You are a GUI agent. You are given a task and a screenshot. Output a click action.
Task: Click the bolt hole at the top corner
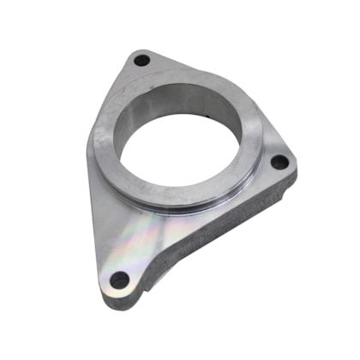pyautogui.click(x=142, y=61)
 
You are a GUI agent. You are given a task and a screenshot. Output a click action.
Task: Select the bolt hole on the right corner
pyautogui.click(x=279, y=161)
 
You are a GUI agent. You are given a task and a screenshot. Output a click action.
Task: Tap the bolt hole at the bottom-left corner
pyautogui.click(x=120, y=279)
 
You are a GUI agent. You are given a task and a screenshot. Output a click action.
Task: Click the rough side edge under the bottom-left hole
pyautogui.click(x=129, y=300)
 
